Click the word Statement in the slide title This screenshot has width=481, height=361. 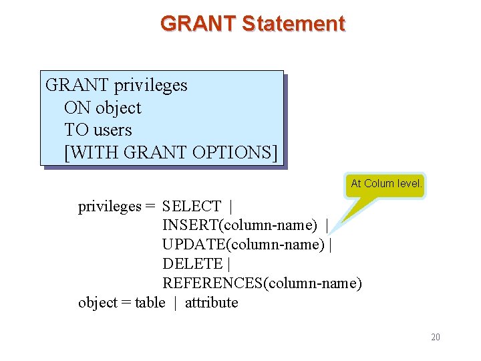[x=293, y=24]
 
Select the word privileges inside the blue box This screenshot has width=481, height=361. [x=151, y=86]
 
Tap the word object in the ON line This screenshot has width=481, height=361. [x=118, y=108]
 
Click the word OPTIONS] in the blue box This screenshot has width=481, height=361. [x=234, y=152]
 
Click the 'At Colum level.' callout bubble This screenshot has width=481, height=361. [x=386, y=184]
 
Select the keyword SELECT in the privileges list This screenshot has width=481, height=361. [x=192, y=207]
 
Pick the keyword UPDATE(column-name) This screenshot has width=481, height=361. [x=243, y=245]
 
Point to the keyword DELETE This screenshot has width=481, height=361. [x=192, y=264]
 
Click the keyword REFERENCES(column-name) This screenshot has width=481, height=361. [x=262, y=283]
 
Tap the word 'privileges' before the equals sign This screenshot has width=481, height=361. [x=110, y=207]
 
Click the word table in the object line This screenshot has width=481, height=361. [x=150, y=303]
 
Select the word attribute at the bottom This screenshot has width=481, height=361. [x=211, y=303]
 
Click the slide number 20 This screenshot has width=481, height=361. [x=435, y=337]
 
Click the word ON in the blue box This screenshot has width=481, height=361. [x=77, y=108]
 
